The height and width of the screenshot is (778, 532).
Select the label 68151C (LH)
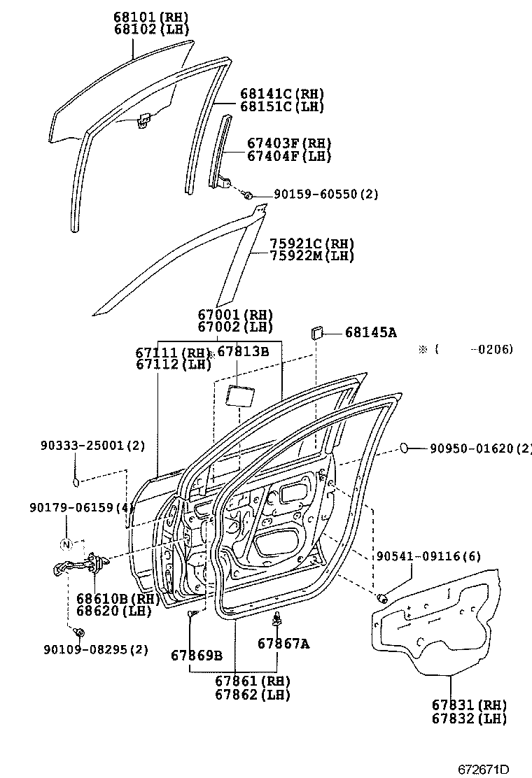[x=281, y=107]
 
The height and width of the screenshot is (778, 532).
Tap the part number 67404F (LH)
[x=288, y=157]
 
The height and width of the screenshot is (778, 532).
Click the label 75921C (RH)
[x=312, y=243]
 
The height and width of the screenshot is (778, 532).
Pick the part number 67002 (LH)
[x=234, y=327]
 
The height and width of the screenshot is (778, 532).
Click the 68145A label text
[x=370, y=333]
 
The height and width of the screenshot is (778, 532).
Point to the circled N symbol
[x=66, y=545]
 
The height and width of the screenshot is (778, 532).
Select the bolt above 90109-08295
[x=79, y=632]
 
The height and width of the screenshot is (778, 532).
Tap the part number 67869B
[x=197, y=655]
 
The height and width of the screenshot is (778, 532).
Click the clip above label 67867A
[x=279, y=619]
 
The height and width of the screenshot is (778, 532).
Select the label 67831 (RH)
[x=469, y=705]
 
